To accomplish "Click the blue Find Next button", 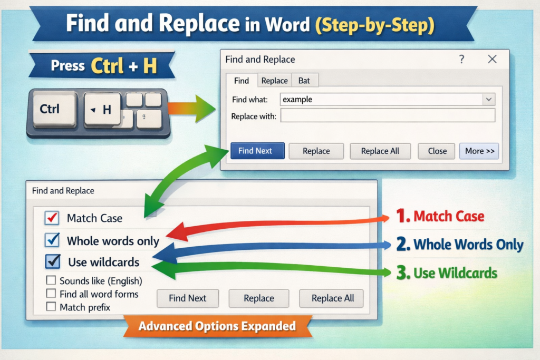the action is (257, 151).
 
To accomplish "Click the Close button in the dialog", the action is (437, 151).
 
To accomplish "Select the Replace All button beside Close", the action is (380, 151).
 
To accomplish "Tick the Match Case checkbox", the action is (52, 218).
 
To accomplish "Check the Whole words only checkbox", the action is (52, 240).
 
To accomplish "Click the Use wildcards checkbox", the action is (53, 261).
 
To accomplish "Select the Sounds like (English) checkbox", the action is (51, 280).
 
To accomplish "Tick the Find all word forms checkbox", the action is (51, 293).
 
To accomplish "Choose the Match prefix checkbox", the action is (51, 306).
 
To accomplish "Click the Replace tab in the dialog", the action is (274, 81).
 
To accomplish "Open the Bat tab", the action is (304, 81).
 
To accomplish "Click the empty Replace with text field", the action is (388, 115).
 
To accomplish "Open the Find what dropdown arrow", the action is (489, 100).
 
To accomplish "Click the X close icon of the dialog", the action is (492, 59).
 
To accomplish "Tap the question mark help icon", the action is (461, 59).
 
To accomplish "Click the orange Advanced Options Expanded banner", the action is (217, 326).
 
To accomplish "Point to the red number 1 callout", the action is (402, 216).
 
